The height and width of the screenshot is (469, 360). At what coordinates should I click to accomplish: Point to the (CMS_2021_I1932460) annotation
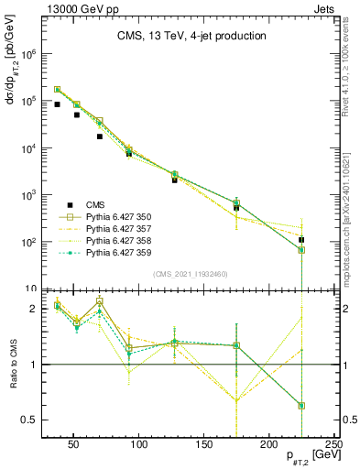coord(190,273)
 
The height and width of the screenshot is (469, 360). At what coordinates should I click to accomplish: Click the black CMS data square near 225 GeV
coord(301,240)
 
